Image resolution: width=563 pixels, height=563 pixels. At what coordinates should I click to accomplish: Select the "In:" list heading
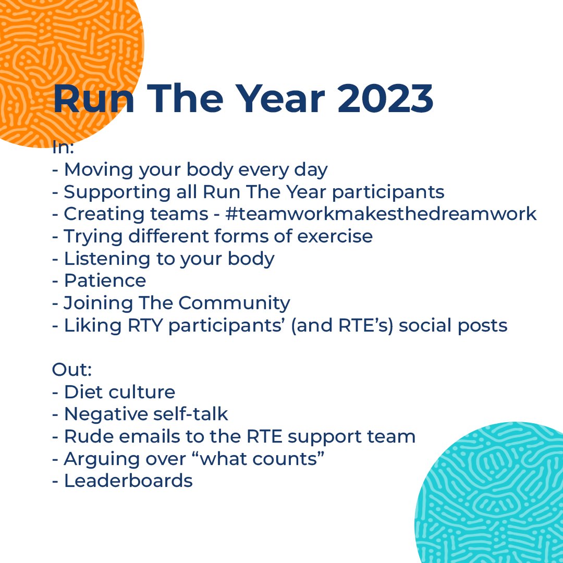tap(63, 148)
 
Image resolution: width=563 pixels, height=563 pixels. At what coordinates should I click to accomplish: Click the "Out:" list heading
tap(72, 370)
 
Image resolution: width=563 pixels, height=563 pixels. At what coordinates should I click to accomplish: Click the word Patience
tap(105, 280)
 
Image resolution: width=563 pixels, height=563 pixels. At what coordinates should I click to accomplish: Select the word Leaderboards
tap(128, 481)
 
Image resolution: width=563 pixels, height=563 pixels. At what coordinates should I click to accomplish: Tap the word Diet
tap(81, 392)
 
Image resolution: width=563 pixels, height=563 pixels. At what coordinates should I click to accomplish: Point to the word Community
tap(235, 303)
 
